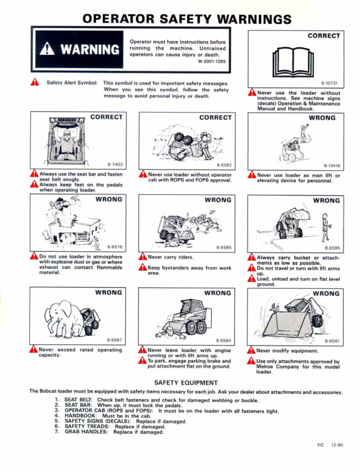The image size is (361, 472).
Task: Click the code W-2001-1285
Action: tap(212, 61)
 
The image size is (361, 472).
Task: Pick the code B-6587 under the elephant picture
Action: tap(115, 340)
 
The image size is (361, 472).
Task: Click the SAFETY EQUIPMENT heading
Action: tap(180, 382)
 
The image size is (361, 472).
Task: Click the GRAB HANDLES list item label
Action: tap(86, 431)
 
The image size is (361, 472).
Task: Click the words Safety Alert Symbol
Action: tap(72, 82)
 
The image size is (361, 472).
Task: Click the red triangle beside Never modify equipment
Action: tap(251, 351)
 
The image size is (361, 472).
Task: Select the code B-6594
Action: tap(223, 340)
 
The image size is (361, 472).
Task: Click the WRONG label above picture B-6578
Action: tap(109, 199)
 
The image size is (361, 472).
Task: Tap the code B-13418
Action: tap(332, 165)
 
